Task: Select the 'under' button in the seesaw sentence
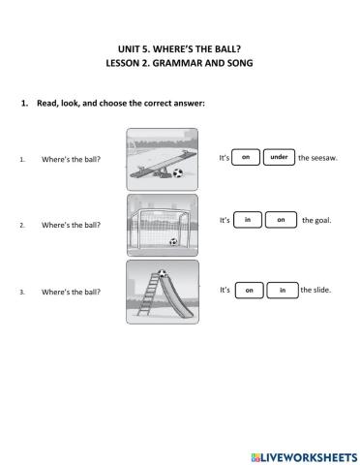[x=279, y=157]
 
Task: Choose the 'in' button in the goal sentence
[x=248, y=220]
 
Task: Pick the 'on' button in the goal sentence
[x=281, y=220]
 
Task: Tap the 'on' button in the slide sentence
[x=249, y=290]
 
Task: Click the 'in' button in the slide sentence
[x=283, y=290]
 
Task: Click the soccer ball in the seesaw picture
[x=177, y=174]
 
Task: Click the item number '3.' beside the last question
[x=21, y=291]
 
